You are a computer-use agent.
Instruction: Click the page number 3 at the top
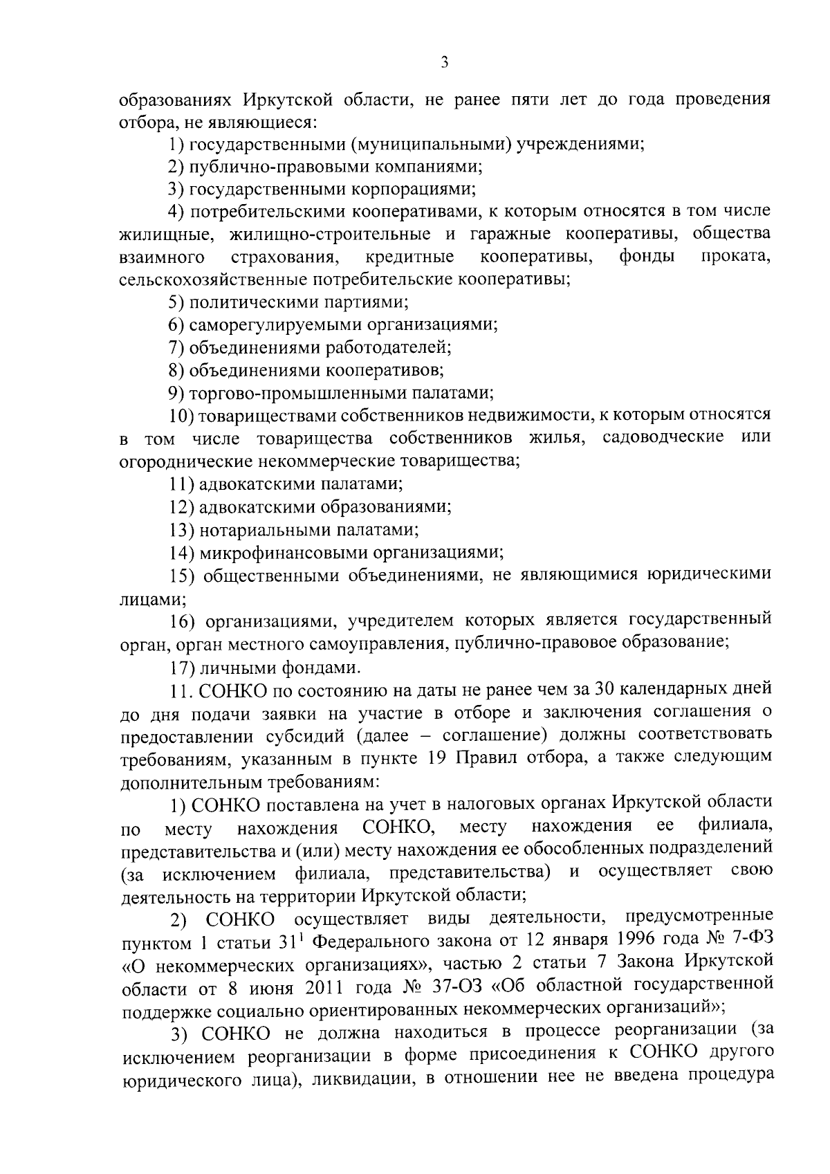pos(445,63)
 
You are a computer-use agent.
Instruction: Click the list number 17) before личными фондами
pos(182,668)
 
